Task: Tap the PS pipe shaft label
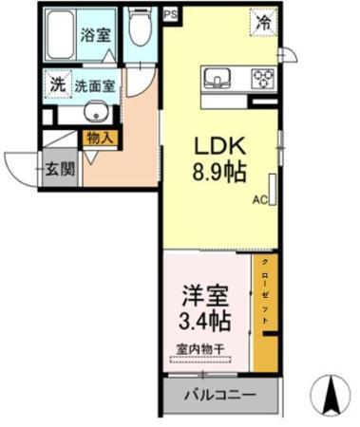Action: click(170, 14)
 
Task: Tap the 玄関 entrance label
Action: click(60, 170)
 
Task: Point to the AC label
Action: click(259, 200)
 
